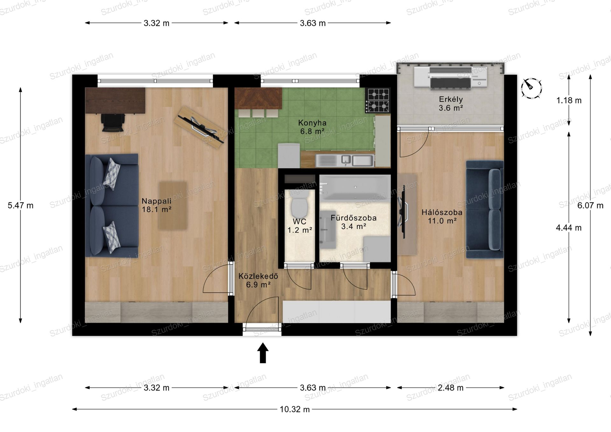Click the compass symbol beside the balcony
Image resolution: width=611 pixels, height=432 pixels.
tap(531, 88)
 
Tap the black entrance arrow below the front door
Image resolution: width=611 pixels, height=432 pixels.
tap(263, 353)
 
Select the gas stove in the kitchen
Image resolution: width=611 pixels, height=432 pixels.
tap(378, 100)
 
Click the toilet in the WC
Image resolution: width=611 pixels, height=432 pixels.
tap(299, 203)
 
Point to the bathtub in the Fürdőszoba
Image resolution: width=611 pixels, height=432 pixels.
tap(355, 187)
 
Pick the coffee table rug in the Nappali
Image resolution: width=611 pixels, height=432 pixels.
tap(173, 206)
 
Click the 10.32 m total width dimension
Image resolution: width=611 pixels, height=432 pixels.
tap(294, 409)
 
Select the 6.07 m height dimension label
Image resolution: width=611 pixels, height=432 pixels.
tap(590, 206)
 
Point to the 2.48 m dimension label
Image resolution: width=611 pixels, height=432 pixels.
tap(450, 388)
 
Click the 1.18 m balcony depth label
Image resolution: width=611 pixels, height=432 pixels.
tap(569, 101)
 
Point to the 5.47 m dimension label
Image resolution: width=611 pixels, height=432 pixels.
tap(21, 206)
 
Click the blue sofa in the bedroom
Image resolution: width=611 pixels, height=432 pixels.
tap(485, 209)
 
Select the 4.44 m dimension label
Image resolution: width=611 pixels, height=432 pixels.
tap(569, 228)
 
